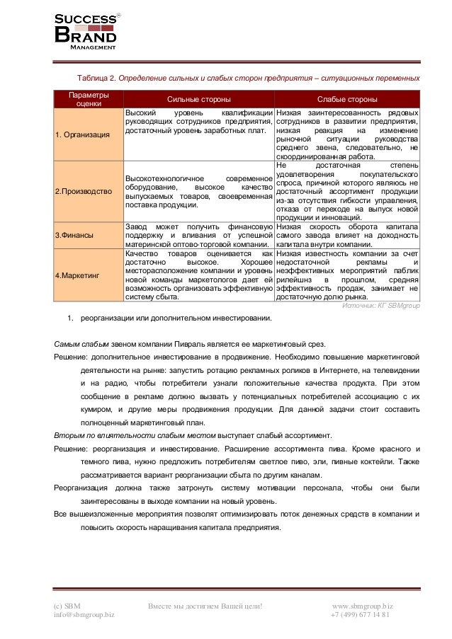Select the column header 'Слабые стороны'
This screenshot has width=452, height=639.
coord(346,99)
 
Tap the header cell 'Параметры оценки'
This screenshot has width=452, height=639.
coord(89,99)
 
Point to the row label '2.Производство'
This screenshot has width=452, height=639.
coord(82,192)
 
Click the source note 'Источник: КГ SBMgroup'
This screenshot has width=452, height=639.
coord(380,307)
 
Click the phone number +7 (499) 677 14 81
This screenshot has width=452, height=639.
coord(360,614)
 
